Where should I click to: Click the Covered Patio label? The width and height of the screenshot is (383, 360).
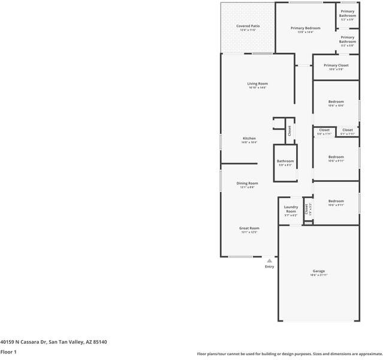point(248,26)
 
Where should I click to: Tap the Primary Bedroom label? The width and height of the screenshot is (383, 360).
point(306,28)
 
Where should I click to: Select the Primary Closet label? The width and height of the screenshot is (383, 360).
point(336,65)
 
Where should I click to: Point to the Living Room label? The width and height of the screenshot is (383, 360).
point(257,83)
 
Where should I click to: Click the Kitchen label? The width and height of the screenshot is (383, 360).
point(249,138)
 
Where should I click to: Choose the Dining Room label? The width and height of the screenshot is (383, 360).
point(247,183)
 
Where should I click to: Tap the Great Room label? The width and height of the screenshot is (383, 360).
point(249,228)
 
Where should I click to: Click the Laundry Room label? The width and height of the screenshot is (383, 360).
point(291,209)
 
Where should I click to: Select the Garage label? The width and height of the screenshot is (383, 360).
point(318,271)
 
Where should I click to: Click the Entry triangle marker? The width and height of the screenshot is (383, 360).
point(270,261)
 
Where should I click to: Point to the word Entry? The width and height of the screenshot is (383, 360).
point(270,267)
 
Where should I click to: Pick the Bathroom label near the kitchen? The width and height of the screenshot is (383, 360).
point(285,161)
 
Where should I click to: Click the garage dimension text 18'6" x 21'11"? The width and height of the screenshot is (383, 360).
point(318,275)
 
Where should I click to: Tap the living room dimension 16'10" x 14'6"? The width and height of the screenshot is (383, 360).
point(257,88)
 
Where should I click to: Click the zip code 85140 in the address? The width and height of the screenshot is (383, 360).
point(99,342)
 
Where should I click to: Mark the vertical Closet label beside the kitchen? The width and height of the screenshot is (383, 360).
point(289,130)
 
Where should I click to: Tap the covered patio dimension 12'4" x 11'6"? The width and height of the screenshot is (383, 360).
point(248,31)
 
